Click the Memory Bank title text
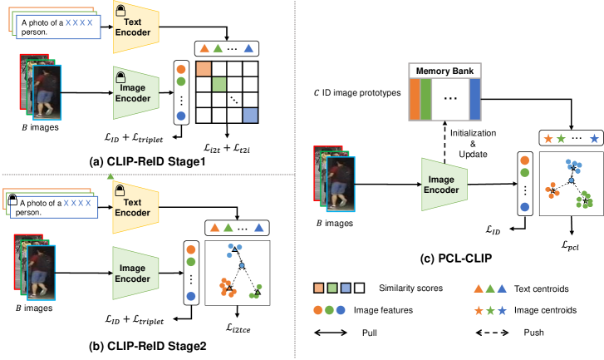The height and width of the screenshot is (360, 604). (x=444, y=72)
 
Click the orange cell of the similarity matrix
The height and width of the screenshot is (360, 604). (x=204, y=69)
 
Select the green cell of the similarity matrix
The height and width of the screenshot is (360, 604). (x=219, y=84)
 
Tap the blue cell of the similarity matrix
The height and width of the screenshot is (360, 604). (x=250, y=116)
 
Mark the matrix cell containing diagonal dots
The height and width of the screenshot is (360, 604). (x=235, y=100)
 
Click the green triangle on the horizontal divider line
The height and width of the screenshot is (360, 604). (x=110, y=175)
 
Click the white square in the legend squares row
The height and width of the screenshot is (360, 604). (x=359, y=288)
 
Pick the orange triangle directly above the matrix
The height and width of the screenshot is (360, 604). (x=204, y=49)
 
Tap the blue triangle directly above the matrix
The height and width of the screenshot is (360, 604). (x=249, y=49)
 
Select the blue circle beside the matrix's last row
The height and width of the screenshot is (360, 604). (x=181, y=116)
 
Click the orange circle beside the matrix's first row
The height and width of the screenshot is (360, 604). (x=181, y=70)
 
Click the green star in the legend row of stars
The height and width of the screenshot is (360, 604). (x=490, y=310)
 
